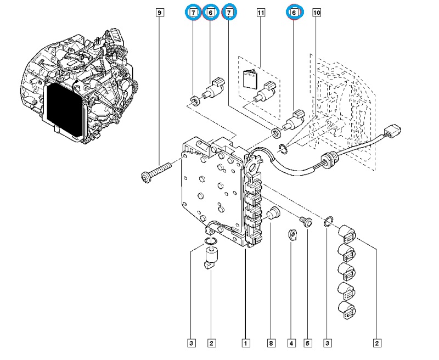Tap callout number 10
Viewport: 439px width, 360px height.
317,12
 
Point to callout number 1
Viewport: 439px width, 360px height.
245,344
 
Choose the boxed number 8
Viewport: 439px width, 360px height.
271,344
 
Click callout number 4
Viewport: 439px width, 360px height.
291,344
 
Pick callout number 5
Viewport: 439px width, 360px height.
307,344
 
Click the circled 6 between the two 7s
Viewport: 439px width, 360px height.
210,12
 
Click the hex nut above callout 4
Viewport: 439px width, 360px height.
292,235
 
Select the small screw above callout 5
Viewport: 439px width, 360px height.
306,221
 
